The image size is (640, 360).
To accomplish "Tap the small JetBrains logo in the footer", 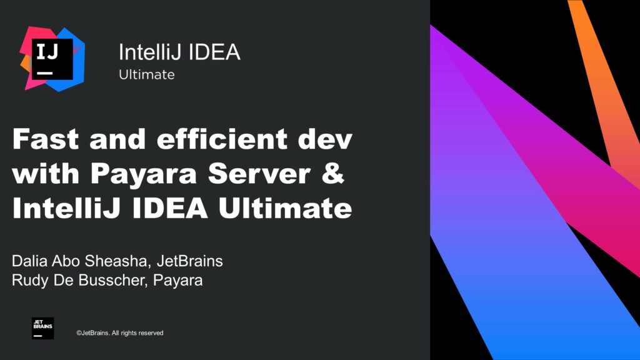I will (x=42, y=328).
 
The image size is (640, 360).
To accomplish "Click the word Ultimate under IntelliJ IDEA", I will (x=146, y=75).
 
